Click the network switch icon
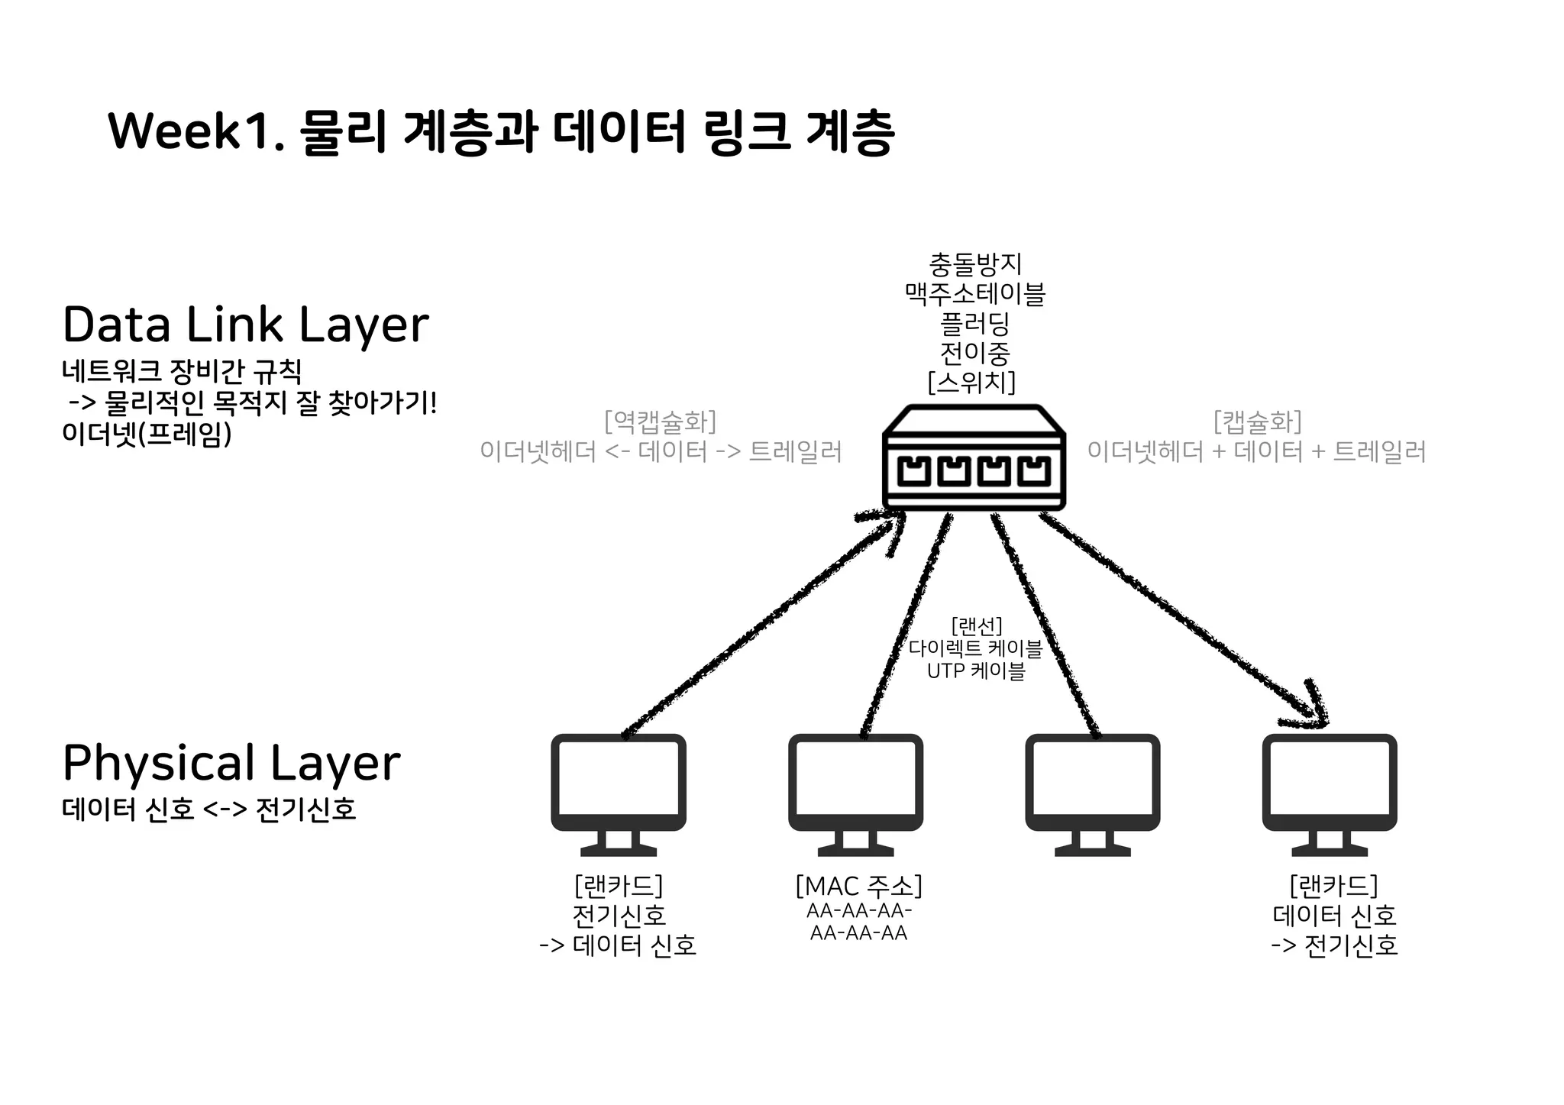coord(974,458)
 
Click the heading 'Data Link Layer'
coord(245,325)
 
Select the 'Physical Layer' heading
coord(231,763)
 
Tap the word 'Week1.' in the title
coord(197,131)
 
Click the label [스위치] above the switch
coord(971,381)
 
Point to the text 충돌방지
coord(975,264)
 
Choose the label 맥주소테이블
coord(975,294)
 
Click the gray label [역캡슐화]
coord(660,422)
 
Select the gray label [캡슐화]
coord(1257,422)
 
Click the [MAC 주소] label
coord(858,887)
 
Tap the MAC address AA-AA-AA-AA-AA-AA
coord(858,922)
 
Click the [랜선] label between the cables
coord(976,627)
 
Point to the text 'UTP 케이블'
coord(976,671)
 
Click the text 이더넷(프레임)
coord(147,435)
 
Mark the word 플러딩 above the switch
coord(975,324)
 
